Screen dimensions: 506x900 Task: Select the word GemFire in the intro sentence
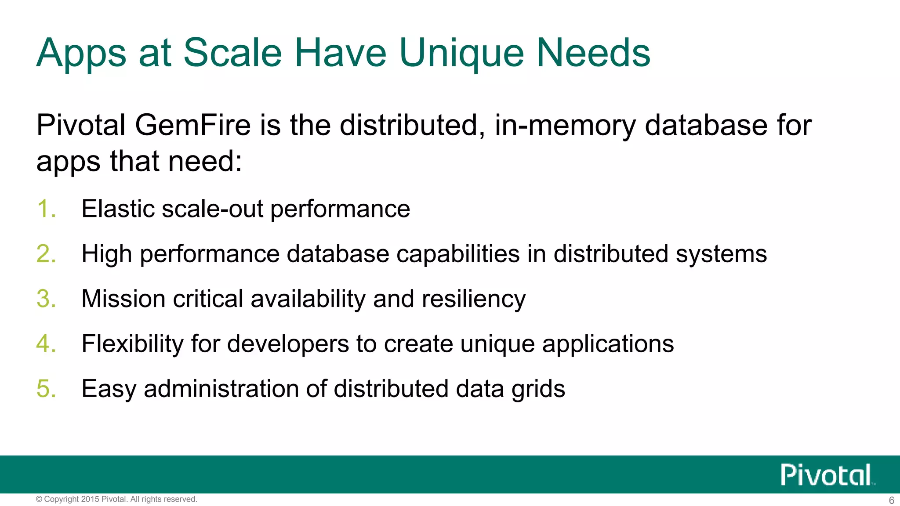[x=192, y=126]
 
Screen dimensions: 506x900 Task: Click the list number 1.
[x=46, y=209]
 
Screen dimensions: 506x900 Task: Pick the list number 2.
[x=46, y=254]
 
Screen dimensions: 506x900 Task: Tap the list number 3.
[x=46, y=299]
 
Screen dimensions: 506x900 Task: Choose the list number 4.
[x=46, y=344]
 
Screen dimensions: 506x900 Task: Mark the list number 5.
[x=46, y=389]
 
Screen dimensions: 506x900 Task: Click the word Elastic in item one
[x=117, y=209]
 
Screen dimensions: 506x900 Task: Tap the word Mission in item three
[x=123, y=299]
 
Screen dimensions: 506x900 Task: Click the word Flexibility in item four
[x=132, y=344]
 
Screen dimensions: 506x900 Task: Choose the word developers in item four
[x=288, y=344]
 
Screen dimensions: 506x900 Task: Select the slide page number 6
[x=891, y=500]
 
